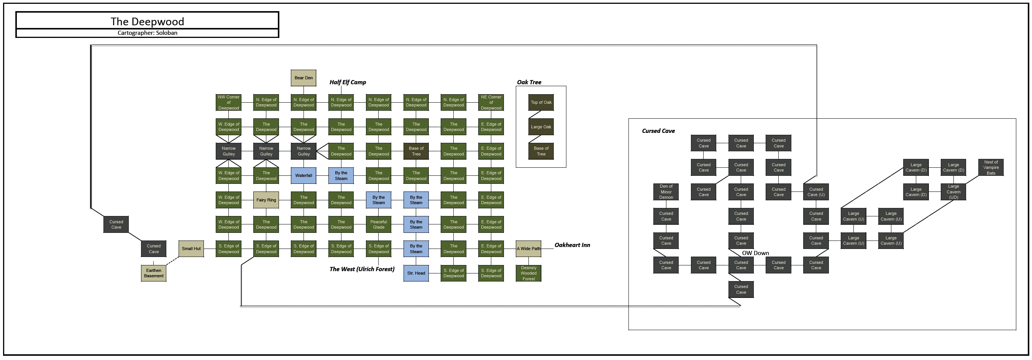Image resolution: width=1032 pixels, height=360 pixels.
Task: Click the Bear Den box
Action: [303, 78]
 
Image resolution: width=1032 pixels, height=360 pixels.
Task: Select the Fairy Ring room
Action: [266, 200]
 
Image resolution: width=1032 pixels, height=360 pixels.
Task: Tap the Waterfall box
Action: [303, 175]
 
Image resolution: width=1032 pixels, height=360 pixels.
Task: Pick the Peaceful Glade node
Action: [379, 224]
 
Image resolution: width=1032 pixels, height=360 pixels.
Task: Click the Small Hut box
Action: [191, 249]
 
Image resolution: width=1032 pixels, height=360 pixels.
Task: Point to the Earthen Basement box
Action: [153, 273]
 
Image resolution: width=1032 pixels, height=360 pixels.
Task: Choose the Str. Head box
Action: [416, 273]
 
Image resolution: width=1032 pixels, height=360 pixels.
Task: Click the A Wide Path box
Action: [528, 249]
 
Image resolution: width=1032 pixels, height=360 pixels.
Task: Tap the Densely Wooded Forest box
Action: [528, 273]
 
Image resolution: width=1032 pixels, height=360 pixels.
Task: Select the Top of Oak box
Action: [541, 103]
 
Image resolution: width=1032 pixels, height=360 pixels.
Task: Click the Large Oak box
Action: [541, 127]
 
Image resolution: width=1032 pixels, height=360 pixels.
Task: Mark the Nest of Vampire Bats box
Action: [991, 167]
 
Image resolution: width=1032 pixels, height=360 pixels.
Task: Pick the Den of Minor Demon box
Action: [666, 192]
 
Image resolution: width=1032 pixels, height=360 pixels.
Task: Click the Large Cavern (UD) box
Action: [953, 192]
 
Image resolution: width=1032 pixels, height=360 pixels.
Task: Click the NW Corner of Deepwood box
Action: [228, 103]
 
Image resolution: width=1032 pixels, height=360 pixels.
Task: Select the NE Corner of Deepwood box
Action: [491, 103]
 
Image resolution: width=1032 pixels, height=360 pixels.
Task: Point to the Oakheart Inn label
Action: [572, 245]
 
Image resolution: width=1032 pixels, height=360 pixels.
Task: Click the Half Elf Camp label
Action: [347, 82]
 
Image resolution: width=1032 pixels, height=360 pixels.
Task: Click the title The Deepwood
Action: [147, 21]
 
